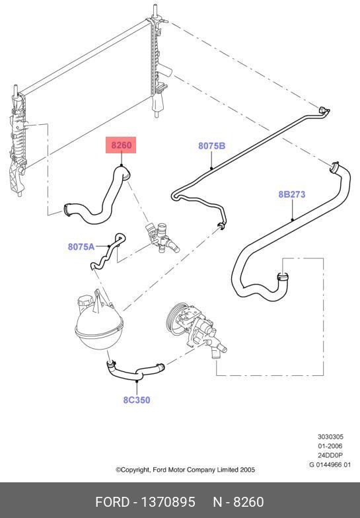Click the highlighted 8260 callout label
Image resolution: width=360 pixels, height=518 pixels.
coord(121,145)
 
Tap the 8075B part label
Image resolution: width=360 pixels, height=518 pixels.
coord(211,145)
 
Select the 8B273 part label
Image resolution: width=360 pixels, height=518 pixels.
coord(292,194)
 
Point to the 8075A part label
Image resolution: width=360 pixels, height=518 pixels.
coord(81,246)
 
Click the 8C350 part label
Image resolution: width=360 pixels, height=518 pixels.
coord(137,400)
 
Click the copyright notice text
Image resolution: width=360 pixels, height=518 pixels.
coord(185,469)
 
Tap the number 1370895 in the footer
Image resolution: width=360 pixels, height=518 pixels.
coord(168,502)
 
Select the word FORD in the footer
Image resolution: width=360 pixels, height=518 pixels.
coord(112,502)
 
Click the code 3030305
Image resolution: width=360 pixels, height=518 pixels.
coord(330,437)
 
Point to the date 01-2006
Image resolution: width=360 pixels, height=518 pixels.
coord(330,446)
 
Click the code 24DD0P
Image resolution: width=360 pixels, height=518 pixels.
coord(330,455)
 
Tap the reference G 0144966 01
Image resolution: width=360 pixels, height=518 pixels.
coord(330,464)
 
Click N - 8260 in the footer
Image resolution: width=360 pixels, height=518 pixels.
coord(238,502)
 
